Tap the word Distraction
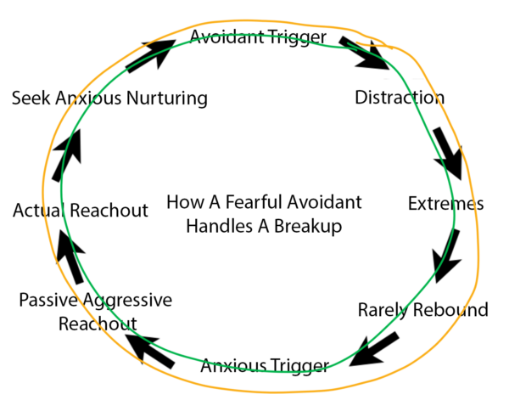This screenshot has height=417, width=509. tap(400, 98)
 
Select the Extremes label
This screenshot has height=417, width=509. tap(445, 204)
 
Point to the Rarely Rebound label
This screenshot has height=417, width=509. tap(423, 310)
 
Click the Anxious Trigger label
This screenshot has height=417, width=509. tap(265, 366)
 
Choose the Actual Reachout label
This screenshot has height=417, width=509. tap(81, 211)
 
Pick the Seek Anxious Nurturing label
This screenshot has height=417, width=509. tap(109, 99)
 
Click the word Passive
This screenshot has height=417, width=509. tap(48, 300)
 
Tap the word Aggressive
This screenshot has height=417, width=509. tap(127, 301)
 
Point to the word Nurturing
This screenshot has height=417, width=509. tap(167, 99)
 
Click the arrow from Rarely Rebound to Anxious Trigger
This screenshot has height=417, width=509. tap(374, 350)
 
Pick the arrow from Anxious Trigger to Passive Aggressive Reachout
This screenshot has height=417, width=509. tap(150, 352)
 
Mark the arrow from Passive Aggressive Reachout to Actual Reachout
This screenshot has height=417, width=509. tap(70, 256)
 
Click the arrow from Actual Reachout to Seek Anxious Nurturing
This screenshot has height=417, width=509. tap(67, 155)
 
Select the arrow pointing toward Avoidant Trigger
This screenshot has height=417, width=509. tap(151, 56)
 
